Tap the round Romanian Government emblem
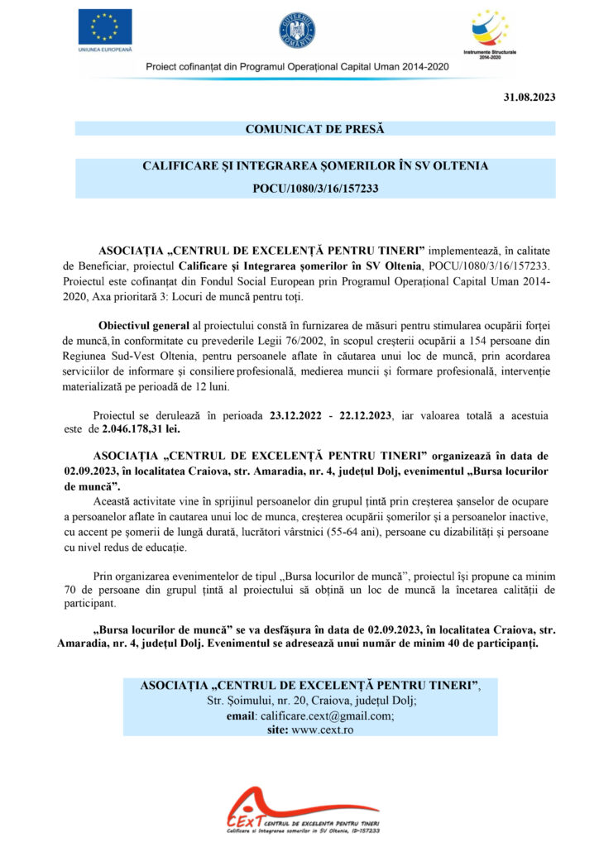[x=297, y=30]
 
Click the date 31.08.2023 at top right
[x=530, y=98]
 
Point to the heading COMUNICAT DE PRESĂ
[x=314, y=129]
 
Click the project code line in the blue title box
[x=315, y=189]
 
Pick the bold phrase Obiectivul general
[x=144, y=326]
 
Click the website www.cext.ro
[x=323, y=730]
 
